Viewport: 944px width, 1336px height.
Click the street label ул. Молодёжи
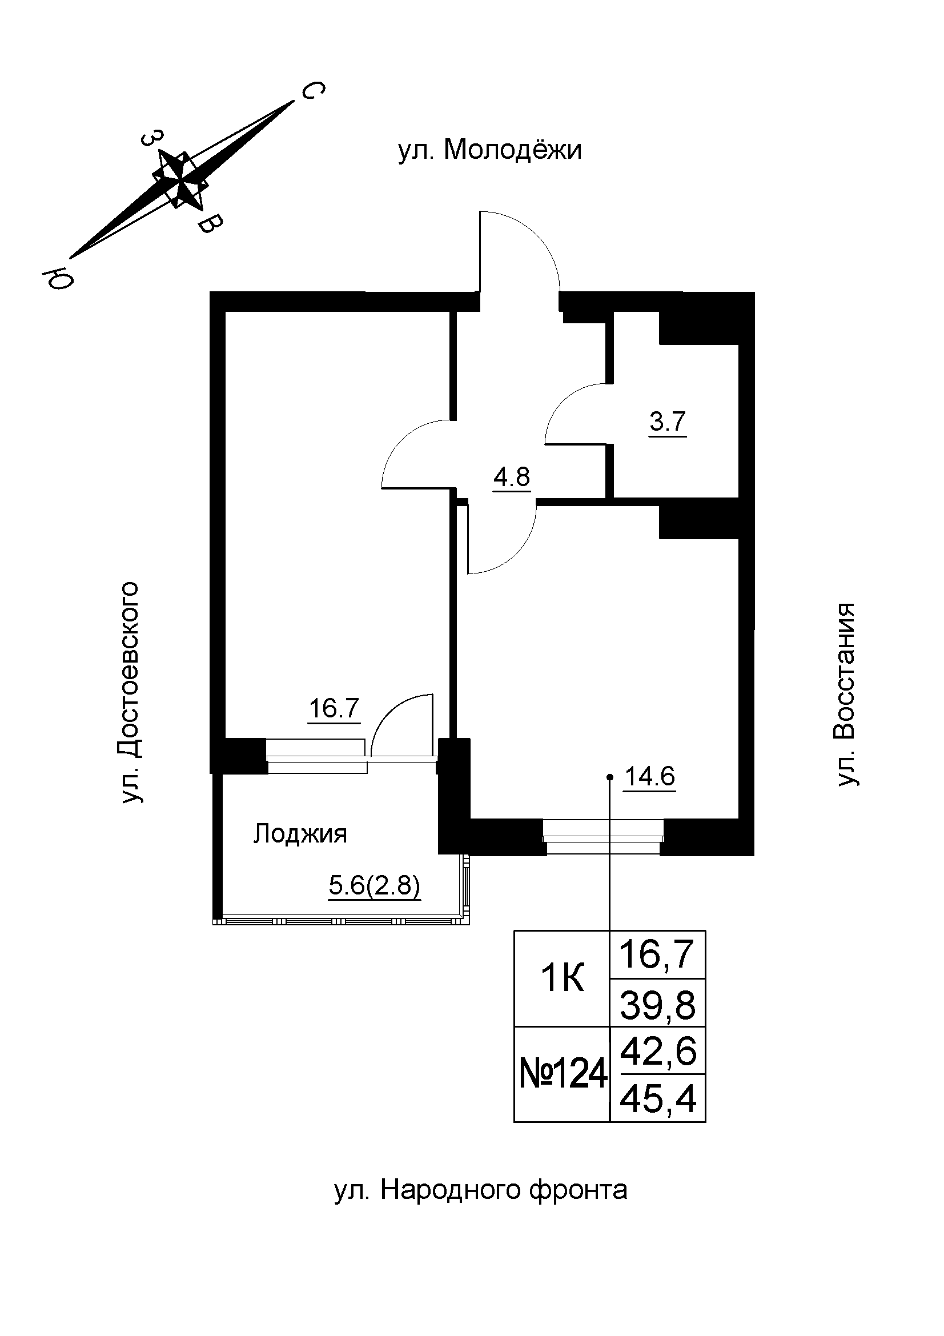point(489,151)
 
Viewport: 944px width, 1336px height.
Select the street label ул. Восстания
point(846,695)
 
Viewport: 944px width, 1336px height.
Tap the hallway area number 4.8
point(511,477)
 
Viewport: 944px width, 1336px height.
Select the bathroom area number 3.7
point(668,421)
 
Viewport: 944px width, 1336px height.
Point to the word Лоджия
point(300,835)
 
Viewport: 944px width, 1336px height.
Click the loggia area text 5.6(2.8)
point(374,886)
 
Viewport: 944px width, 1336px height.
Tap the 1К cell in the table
point(562,980)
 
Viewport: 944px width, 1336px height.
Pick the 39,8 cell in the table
point(657,1006)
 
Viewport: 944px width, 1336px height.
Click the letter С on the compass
point(312,91)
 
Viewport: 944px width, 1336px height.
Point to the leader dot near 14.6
point(609,777)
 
